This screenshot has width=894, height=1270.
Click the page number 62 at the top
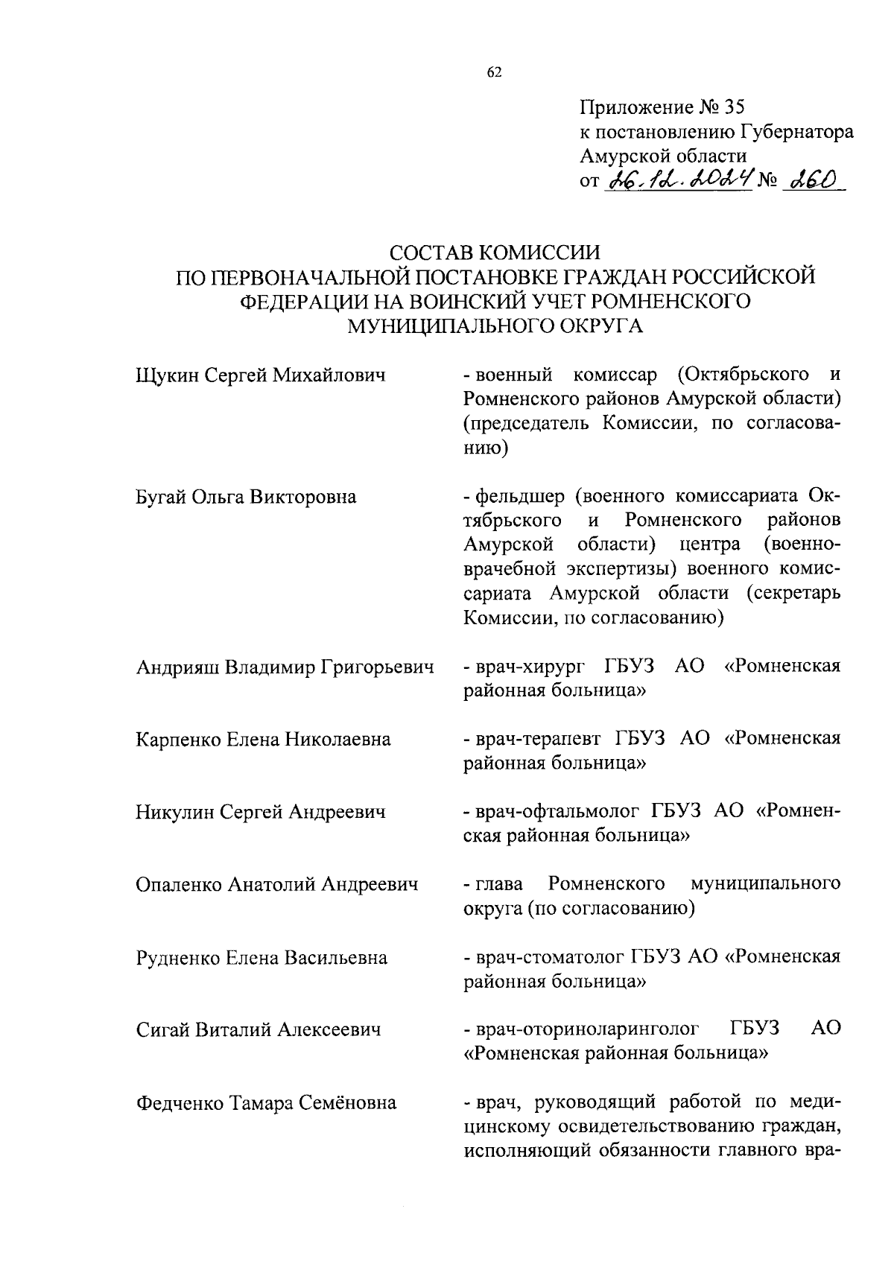click(x=494, y=72)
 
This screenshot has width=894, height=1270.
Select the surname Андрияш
click(x=177, y=667)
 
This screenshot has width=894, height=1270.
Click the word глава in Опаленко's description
click(x=499, y=884)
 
